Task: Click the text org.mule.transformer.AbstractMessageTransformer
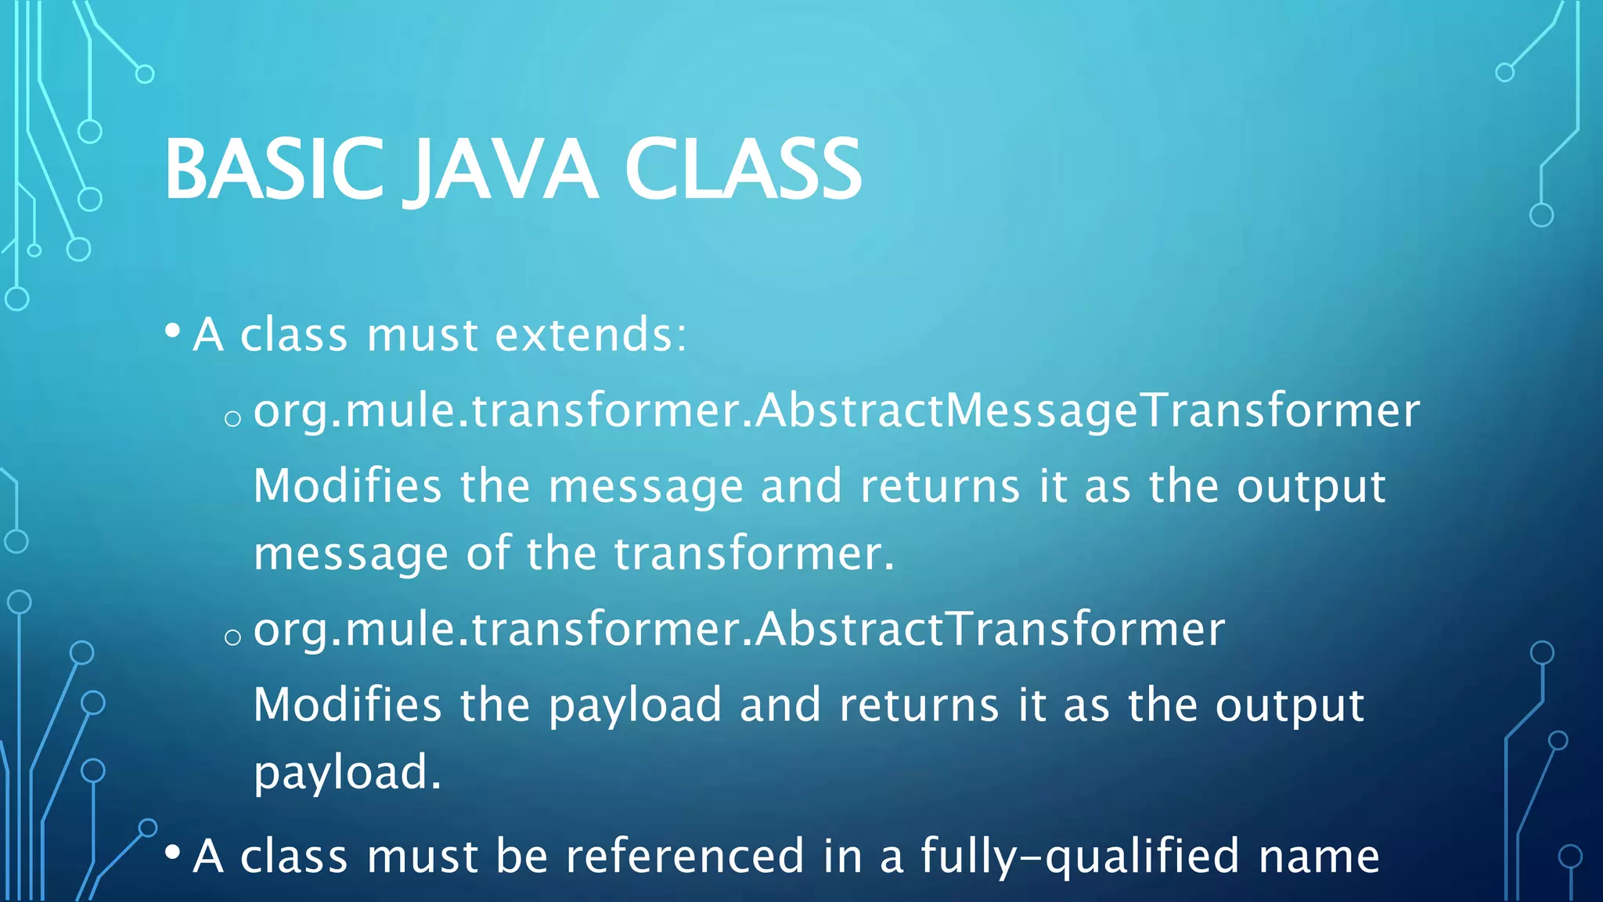[x=836, y=410]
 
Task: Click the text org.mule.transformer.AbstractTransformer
[x=739, y=629]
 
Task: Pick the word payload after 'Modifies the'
[x=634, y=705]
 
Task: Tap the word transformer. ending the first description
[x=753, y=554]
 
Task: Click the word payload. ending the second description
[x=348, y=772]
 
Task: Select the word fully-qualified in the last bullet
[x=1080, y=856]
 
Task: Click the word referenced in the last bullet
[x=684, y=856]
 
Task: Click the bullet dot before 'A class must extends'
[x=173, y=330]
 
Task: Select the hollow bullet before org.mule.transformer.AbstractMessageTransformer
[x=232, y=419]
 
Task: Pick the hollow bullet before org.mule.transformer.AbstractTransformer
[x=232, y=637]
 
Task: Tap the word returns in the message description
[x=940, y=487]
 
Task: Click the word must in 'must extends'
[x=422, y=335]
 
